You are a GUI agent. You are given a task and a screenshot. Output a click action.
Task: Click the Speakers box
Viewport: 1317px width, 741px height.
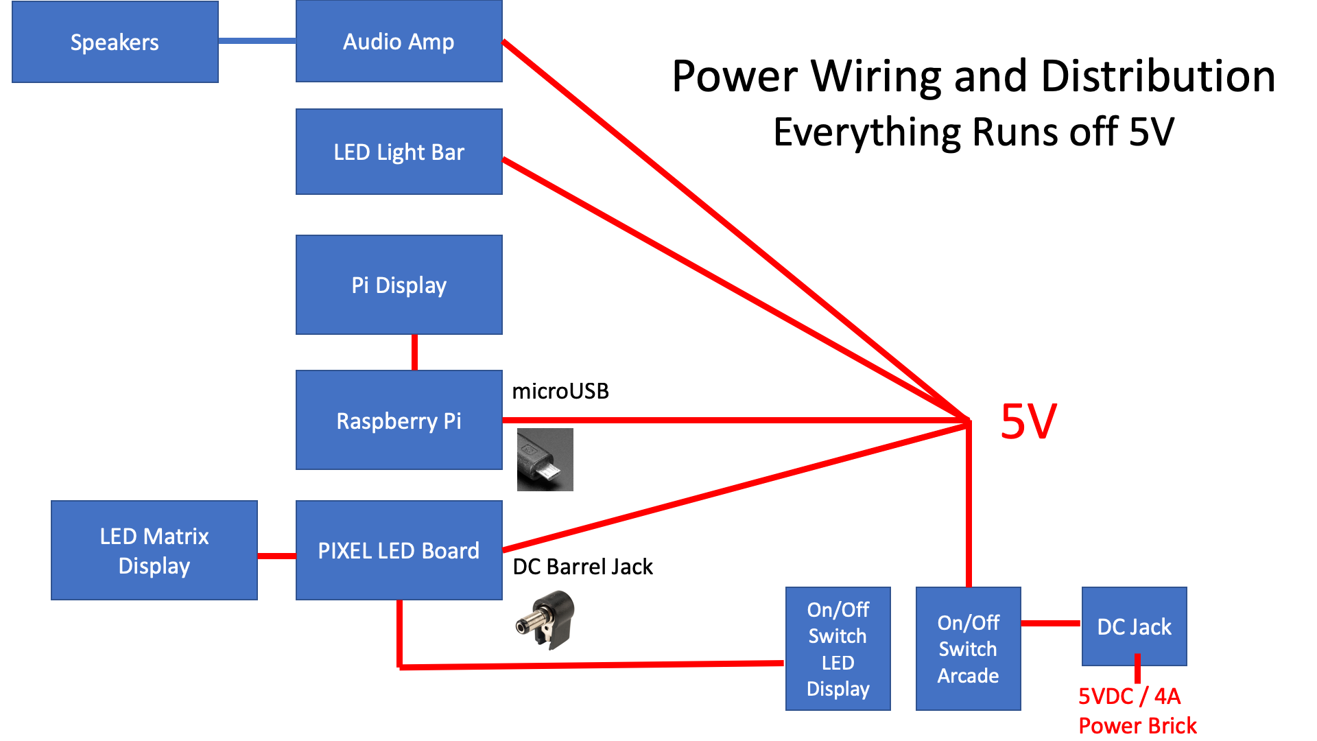[x=115, y=42]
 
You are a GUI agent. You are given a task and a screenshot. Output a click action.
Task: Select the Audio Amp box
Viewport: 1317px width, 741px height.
[x=399, y=41]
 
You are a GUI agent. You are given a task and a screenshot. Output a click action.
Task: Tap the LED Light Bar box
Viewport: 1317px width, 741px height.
[x=399, y=152]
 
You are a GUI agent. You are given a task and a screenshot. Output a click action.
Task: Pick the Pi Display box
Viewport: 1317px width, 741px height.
[x=399, y=285]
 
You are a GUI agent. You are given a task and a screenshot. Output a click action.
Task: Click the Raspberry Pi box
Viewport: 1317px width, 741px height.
[x=399, y=420]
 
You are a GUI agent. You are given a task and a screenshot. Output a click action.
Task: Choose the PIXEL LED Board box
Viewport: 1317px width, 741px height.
[x=399, y=550]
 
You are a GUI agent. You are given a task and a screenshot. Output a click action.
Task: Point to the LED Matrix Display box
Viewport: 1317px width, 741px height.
[x=154, y=550]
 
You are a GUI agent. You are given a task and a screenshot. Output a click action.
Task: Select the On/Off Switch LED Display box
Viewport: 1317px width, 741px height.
[x=838, y=648]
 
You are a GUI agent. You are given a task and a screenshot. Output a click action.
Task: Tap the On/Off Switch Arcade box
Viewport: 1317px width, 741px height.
[x=968, y=648]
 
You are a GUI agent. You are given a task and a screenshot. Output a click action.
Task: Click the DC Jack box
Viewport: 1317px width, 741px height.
[x=1134, y=626]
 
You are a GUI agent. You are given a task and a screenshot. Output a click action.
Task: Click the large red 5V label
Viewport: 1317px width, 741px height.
[x=1028, y=421]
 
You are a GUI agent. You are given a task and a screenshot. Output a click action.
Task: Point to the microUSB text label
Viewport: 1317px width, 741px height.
[x=560, y=391]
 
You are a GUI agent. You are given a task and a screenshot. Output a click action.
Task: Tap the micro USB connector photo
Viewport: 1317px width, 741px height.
[x=545, y=460]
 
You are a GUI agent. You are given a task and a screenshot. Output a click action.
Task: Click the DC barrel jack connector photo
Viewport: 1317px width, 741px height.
[x=546, y=620]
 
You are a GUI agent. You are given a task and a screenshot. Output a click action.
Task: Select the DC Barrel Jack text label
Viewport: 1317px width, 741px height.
[x=582, y=567]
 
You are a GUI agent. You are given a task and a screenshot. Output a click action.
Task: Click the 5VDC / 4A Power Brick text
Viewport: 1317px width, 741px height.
[x=1137, y=711]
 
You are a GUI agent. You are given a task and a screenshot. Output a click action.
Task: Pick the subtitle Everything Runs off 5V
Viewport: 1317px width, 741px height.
[x=973, y=132]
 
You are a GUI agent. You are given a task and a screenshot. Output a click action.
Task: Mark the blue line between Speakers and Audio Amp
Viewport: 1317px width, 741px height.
[x=257, y=41]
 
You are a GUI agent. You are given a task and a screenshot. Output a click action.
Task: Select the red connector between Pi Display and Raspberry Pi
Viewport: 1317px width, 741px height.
[x=414, y=352]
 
